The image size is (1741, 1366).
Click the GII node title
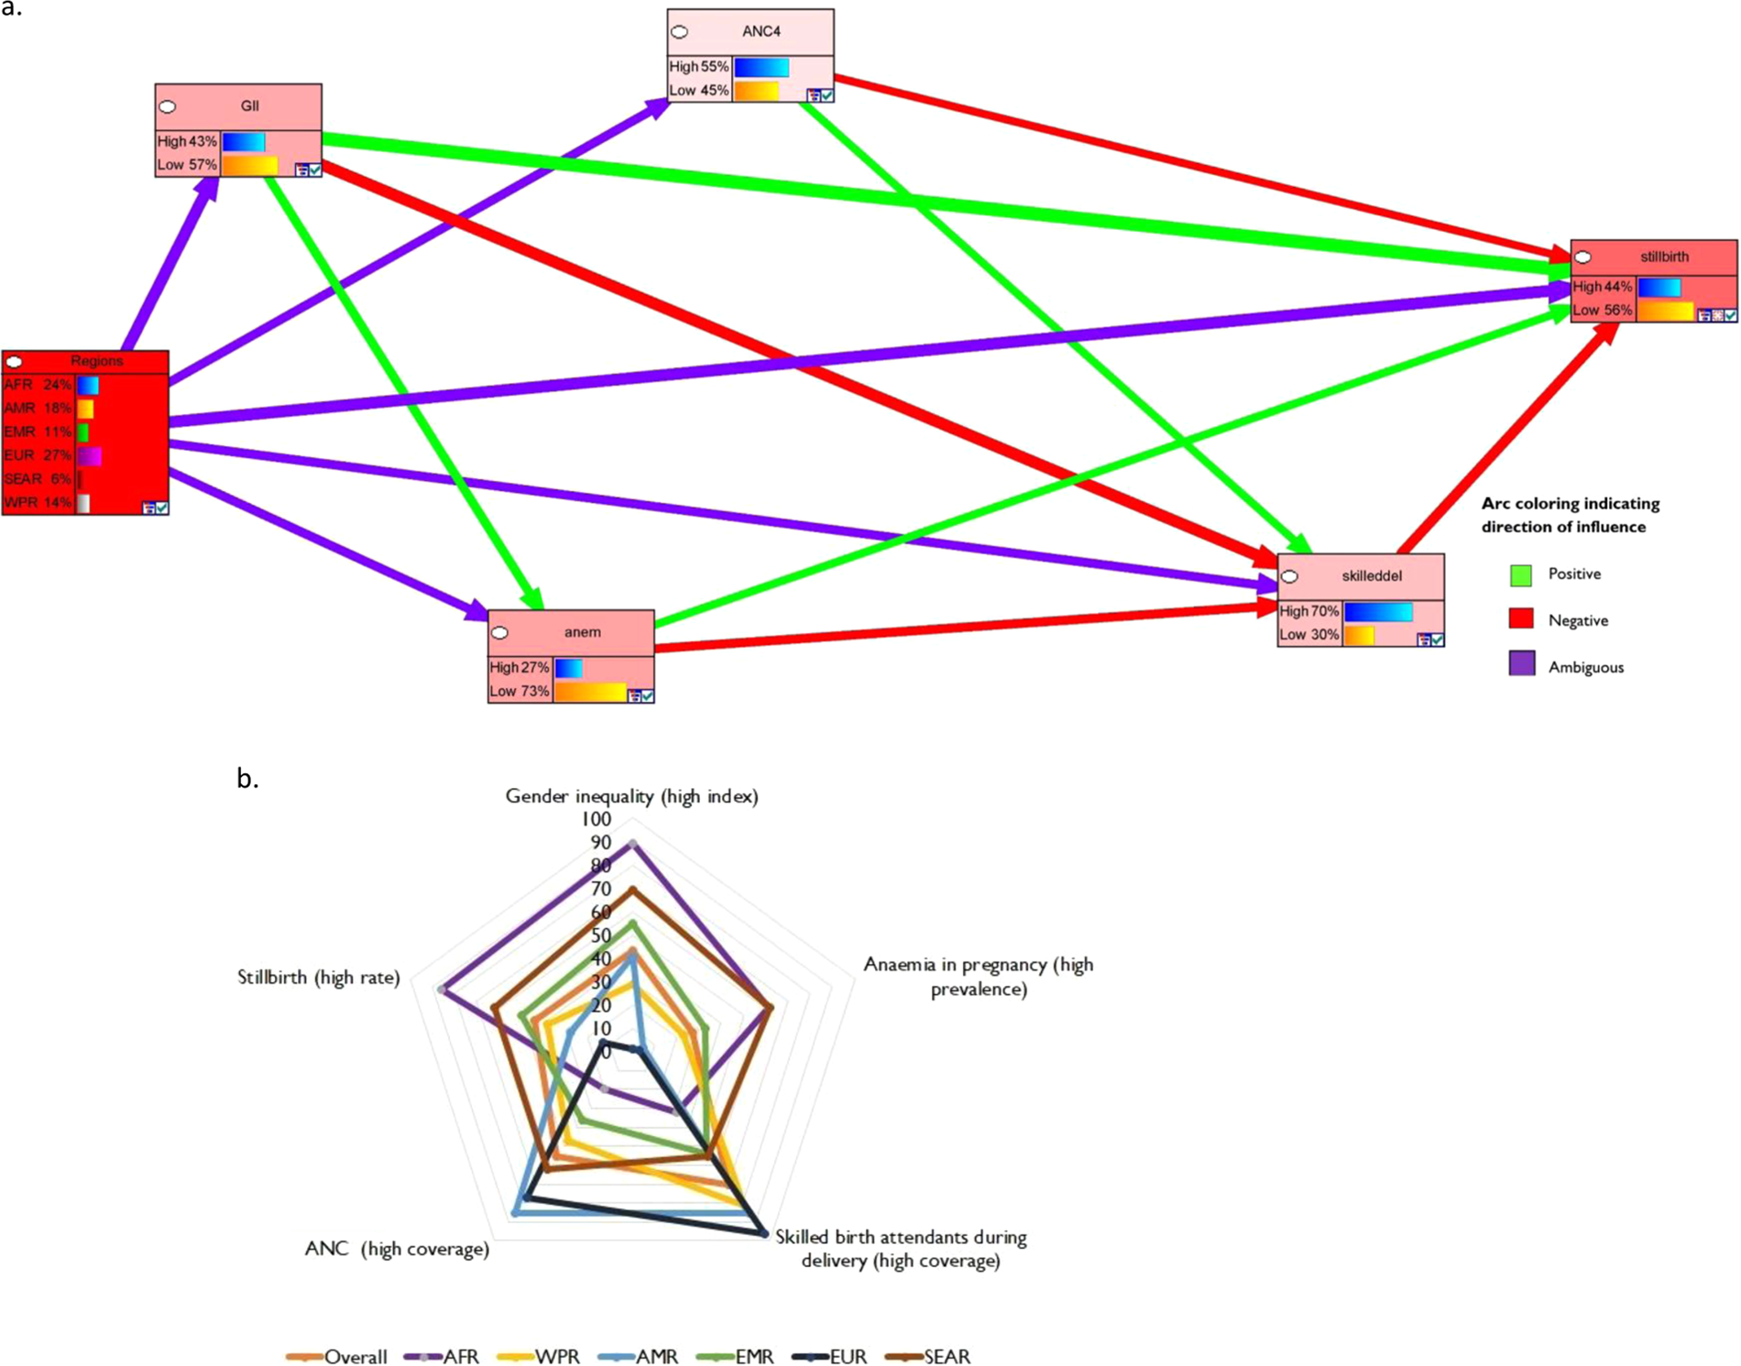point(249,106)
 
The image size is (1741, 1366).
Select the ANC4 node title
point(761,31)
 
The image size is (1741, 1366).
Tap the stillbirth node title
point(1663,257)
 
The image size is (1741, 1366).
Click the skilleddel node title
point(1371,575)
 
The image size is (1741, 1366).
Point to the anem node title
point(582,632)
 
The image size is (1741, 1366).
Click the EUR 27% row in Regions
point(38,455)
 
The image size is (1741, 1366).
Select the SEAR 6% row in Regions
point(38,479)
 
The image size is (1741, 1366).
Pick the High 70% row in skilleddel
point(1310,611)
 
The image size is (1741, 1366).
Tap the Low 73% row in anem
point(520,691)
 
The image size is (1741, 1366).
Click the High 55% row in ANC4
point(700,67)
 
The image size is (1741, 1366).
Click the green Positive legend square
point(1521,574)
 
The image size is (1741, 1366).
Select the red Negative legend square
point(1521,620)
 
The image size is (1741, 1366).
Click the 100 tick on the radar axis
point(596,819)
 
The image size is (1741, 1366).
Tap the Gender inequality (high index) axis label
point(631,796)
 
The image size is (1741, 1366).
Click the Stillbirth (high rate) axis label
point(318,978)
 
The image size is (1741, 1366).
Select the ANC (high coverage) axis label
point(397,1249)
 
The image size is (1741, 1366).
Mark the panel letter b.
point(247,778)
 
